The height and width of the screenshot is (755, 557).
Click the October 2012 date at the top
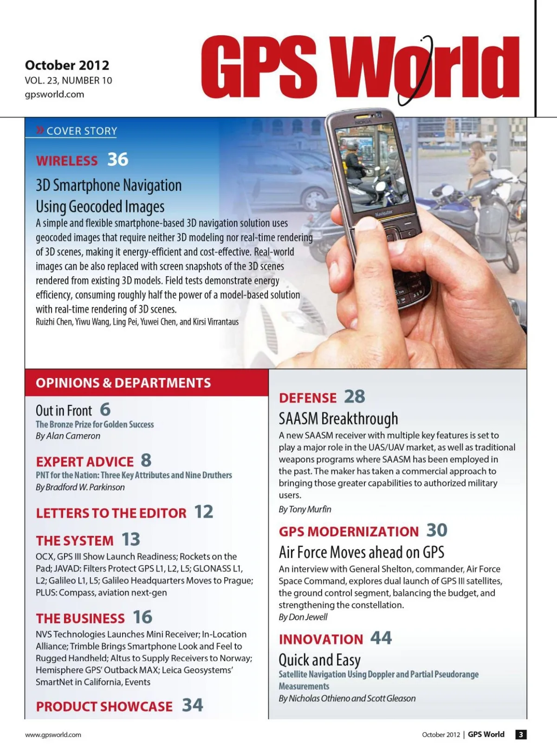(x=67, y=65)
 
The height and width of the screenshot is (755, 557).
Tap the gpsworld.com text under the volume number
(x=54, y=94)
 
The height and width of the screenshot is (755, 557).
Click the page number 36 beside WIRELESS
(x=118, y=159)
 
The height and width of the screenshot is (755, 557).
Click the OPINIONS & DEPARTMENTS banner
(x=123, y=383)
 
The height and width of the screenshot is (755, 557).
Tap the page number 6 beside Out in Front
(x=105, y=409)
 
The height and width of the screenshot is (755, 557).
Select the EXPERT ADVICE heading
(x=85, y=462)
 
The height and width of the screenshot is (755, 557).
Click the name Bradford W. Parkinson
(x=85, y=487)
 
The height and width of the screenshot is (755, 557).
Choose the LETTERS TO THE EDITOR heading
(x=111, y=513)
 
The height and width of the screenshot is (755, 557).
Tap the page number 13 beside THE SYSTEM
(x=131, y=540)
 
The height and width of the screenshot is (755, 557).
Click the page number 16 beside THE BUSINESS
(x=142, y=617)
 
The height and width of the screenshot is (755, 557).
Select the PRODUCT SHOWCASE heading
(x=104, y=706)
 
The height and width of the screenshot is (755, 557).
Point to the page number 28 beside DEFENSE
(x=355, y=397)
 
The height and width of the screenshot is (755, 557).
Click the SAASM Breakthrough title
(x=338, y=418)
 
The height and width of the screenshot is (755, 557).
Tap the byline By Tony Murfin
(x=305, y=509)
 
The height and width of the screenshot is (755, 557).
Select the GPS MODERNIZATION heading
(x=349, y=532)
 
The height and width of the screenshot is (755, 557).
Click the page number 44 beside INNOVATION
(x=381, y=638)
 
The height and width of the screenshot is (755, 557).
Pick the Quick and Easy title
(x=319, y=660)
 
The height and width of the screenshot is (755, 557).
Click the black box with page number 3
(x=521, y=735)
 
